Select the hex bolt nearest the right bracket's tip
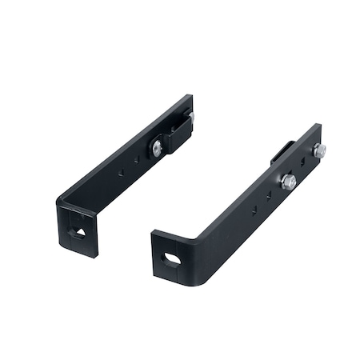click(318, 150)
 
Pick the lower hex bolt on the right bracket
click(288, 182)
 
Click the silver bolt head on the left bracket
click(157, 148)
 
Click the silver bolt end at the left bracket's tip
click(191, 118)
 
